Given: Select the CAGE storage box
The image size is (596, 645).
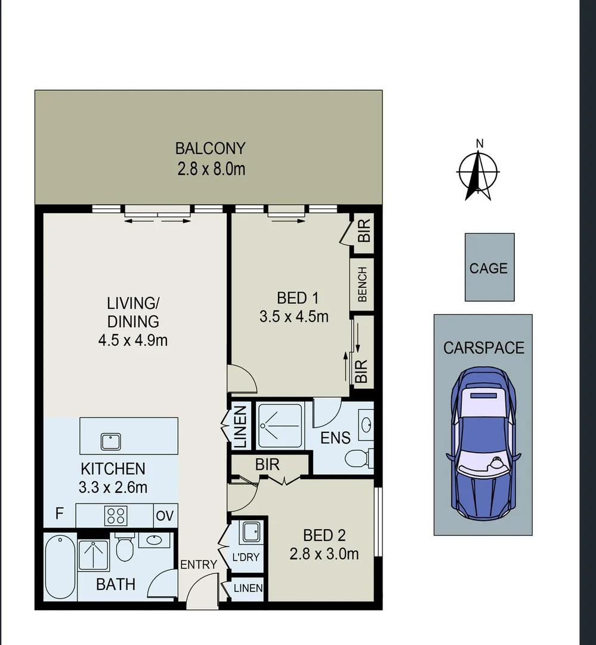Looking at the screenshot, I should [489, 267].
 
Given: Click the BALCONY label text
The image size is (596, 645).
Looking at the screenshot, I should [210, 148].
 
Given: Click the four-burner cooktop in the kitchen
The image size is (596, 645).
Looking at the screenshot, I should [116, 515].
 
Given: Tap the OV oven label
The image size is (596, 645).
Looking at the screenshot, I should [165, 515].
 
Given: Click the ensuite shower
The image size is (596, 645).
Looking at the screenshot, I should [280, 425].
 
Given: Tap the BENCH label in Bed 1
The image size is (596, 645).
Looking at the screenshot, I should [362, 284].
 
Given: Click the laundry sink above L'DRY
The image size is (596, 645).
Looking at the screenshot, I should [249, 532].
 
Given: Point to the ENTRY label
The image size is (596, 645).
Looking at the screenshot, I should [199, 564].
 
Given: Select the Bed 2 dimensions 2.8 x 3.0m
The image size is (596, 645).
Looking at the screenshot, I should [324, 554].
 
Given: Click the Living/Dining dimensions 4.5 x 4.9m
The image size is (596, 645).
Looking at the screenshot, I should [133, 340].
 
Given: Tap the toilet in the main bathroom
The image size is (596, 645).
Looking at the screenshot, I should [125, 548].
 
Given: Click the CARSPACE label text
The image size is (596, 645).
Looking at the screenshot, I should [483, 348].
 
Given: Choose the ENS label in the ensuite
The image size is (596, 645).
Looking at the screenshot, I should [335, 438].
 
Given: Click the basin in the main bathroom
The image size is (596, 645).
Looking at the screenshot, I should [154, 540].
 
